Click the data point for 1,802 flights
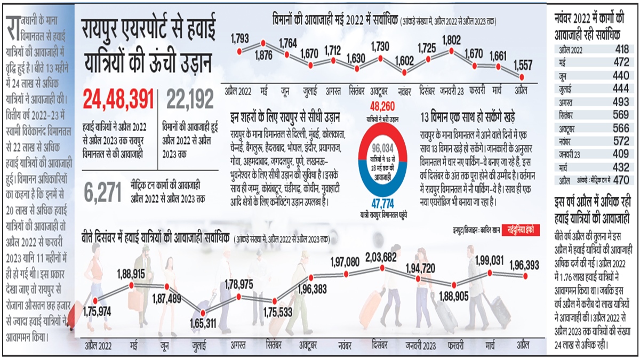pyautogui.click(x=451, y=51)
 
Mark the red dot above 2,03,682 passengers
pyautogui.click(x=382, y=268)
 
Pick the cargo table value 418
pyautogui.click(x=621, y=50)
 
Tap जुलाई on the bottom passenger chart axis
pyautogui.click(x=203, y=347)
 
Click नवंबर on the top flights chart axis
pyautogui.click(x=405, y=89)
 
